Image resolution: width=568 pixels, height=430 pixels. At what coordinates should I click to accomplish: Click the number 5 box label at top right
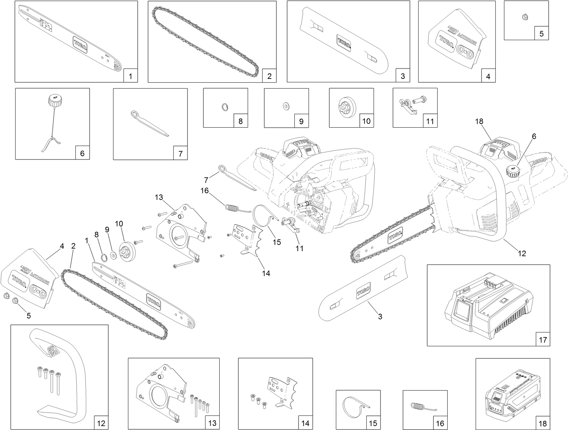tap(541, 34)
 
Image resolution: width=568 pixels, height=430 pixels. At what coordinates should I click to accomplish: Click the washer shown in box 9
tap(286, 106)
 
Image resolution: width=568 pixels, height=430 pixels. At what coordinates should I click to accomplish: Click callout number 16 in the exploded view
tap(205, 191)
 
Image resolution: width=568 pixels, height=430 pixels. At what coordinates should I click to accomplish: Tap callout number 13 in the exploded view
tap(158, 198)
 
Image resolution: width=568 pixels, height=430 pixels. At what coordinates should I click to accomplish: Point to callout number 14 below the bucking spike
tap(266, 273)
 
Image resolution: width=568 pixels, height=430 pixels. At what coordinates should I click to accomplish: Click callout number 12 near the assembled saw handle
tap(522, 253)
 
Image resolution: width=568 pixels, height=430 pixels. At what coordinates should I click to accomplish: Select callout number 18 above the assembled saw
tap(479, 121)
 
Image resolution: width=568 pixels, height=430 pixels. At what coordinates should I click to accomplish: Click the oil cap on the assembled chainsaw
tap(512, 170)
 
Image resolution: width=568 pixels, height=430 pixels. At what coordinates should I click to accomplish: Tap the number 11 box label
tap(430, 121)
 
